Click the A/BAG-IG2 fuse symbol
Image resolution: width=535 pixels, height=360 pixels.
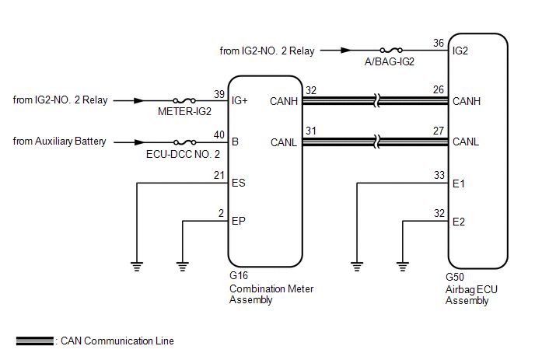pos(391,51)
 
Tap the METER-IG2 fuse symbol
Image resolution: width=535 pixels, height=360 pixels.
pos(184,100)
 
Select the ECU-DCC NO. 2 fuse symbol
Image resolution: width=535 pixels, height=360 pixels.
pos(184,142)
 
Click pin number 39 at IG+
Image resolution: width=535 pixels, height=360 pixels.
pos(219,94)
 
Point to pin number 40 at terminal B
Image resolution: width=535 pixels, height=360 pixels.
pos(219,135)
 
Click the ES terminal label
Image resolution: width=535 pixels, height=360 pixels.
pos(238,183)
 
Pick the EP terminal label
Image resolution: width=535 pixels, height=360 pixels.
pos(238,221)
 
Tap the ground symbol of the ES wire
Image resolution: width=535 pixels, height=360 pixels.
pos(137,266)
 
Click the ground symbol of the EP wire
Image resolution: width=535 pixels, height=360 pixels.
pos(183,266)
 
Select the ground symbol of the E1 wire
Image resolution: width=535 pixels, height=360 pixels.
pos(357,266)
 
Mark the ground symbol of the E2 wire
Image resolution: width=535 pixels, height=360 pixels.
pos(403,266)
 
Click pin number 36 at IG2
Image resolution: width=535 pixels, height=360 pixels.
pos(439,43)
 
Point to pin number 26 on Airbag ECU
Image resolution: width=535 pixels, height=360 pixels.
pos(439,89)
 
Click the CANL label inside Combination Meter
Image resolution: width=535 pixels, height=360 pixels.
pos(284,142)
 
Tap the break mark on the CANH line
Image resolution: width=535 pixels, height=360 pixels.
pos(376,100)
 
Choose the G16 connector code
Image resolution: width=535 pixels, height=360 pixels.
pos(239,275)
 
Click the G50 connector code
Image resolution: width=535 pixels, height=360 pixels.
pos(454,277)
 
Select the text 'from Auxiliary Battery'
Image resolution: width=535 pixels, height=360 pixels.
pos(59,142)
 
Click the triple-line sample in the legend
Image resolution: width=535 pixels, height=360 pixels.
pos(35,341)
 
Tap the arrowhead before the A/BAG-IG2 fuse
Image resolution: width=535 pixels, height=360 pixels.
pos(346,51)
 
